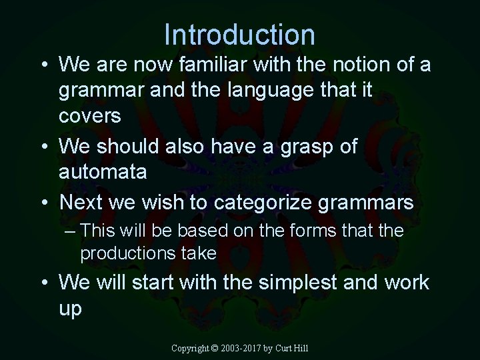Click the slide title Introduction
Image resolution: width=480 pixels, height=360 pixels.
239,35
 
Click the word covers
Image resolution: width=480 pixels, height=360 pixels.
90,115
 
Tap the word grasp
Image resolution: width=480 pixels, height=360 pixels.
301,146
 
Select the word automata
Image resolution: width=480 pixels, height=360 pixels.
103,171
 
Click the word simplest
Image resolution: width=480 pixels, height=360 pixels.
293,282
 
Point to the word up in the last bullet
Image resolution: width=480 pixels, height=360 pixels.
70,308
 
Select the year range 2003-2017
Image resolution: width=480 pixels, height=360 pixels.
243,348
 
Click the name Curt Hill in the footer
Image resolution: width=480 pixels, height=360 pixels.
293,348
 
